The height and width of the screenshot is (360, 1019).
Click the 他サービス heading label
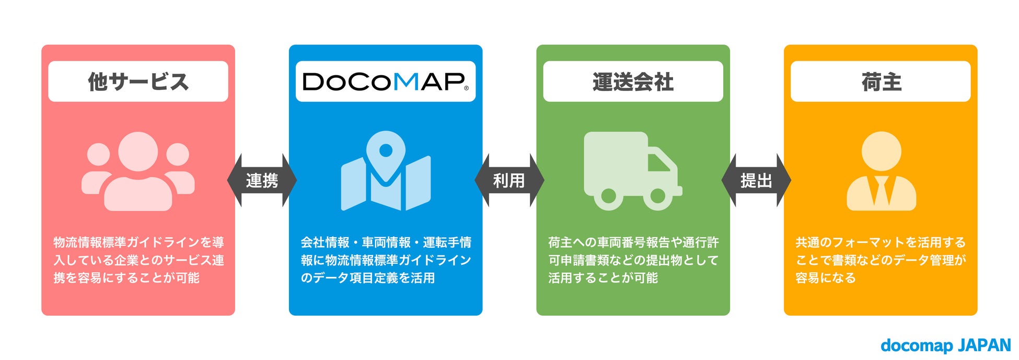click(138, 82)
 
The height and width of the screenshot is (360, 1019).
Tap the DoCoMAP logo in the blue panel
click(386, 82)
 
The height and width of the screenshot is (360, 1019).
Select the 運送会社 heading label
click(633, 82)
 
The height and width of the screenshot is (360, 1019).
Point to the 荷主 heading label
click(881, 82)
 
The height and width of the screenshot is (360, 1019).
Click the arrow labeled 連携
click(262, 180)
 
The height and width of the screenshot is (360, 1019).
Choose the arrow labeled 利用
click(509, 180)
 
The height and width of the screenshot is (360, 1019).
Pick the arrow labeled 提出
click(756, 180)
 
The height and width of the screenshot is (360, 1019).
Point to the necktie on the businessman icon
click(882, 191)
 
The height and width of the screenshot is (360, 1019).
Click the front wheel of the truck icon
click(657, 196)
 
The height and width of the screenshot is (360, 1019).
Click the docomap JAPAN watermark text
click(945, 345)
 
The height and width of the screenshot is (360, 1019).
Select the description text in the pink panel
click(138, 260)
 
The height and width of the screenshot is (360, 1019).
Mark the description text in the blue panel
click(386, 260)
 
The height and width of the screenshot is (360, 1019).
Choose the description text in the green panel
click(633, 260)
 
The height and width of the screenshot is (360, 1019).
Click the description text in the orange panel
click(881, 260)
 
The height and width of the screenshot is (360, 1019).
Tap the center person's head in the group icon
click(138, 151)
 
